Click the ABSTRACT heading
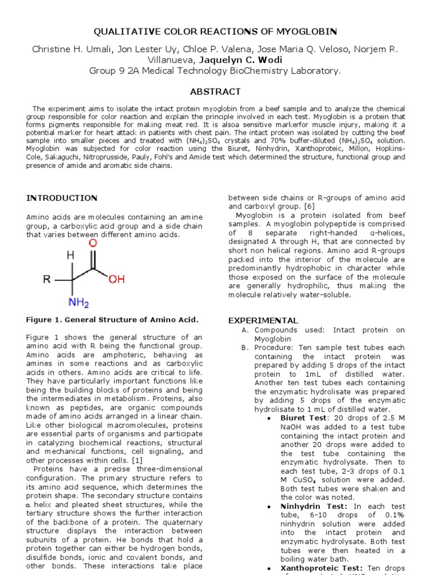(x=215, y=92)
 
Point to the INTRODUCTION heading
(x=62, y=198)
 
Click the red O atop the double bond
(x=93, y=243)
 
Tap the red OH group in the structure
(x=116, y=279)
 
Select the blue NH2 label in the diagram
(x=79, y=303)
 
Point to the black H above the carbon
(x=70, y=255)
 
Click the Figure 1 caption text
(x=112, y=320)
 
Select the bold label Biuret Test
(x=303, y=418)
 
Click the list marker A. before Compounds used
(x=245, y=330)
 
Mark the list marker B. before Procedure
(x=245, y=348)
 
